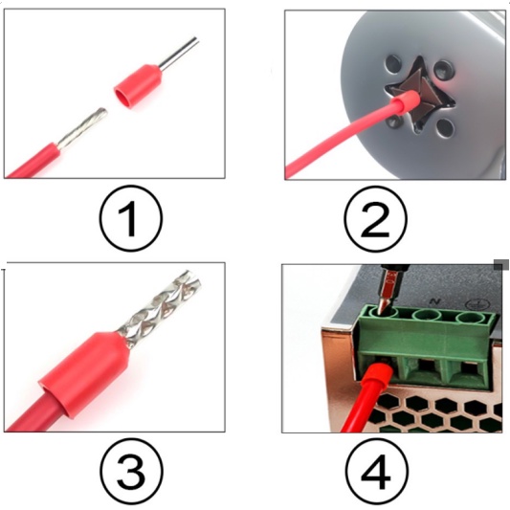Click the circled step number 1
[130, 218]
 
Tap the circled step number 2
[375, 218]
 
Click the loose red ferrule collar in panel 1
[138, 86]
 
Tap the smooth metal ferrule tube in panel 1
[179, 54]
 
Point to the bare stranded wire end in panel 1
[82, 128]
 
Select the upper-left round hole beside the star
[393, 64]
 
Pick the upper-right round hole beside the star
[444, 70]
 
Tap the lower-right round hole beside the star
[445, 128]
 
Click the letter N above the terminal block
[433, 301]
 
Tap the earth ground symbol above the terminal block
[475, 304]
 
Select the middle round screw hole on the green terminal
[427, 315]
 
